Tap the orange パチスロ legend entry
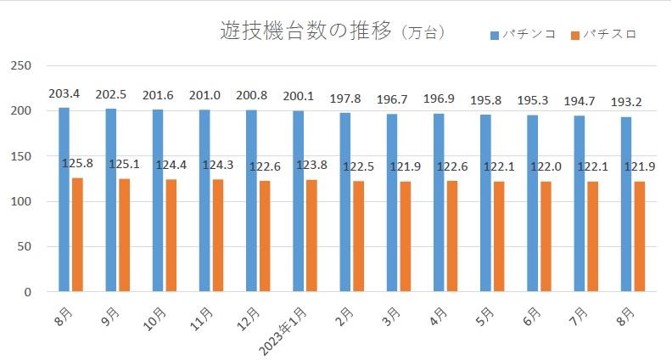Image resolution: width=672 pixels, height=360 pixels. pyautogui.click(x=603, y=35)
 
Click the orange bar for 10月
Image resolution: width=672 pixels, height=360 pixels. pyautogui.click(x=171, y=235)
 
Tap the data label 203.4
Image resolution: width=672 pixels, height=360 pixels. pyautogui.click(x=64, y=93)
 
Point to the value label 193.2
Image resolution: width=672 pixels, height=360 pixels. pyautogui.click(x=626, y=103)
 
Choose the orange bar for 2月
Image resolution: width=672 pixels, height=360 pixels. pyautogui.click(x=359, y=236)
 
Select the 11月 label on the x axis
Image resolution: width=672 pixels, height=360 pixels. pyautogui.click(x=201, y=315)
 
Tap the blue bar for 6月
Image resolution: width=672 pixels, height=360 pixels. pyautogui.click(x=532, y=203)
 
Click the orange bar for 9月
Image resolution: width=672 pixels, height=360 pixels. pyautogui.click(x=125, y=235)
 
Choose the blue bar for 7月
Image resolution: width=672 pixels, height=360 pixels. pyautogui.click(x=579, y=204)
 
